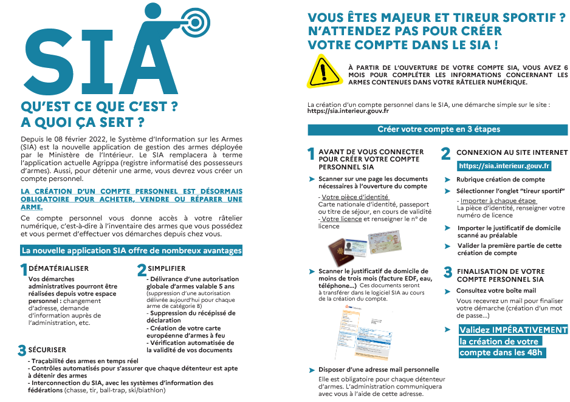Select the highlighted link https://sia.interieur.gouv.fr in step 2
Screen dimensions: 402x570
tap(504, 166)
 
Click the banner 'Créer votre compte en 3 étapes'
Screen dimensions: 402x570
tap(438, 129)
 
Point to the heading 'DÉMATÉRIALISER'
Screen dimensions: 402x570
tap(59, 268)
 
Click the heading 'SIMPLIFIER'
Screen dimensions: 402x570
tap(167, 268)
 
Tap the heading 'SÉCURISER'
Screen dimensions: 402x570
tap(47, 350)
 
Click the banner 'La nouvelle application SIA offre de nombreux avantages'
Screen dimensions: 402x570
tap(132, 250)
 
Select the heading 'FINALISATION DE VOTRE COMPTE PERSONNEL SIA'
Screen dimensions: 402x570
tap(500, 275)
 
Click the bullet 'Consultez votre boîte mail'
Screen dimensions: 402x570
tap(496, 290)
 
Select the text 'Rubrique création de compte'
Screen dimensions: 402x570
tap(500, 179)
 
